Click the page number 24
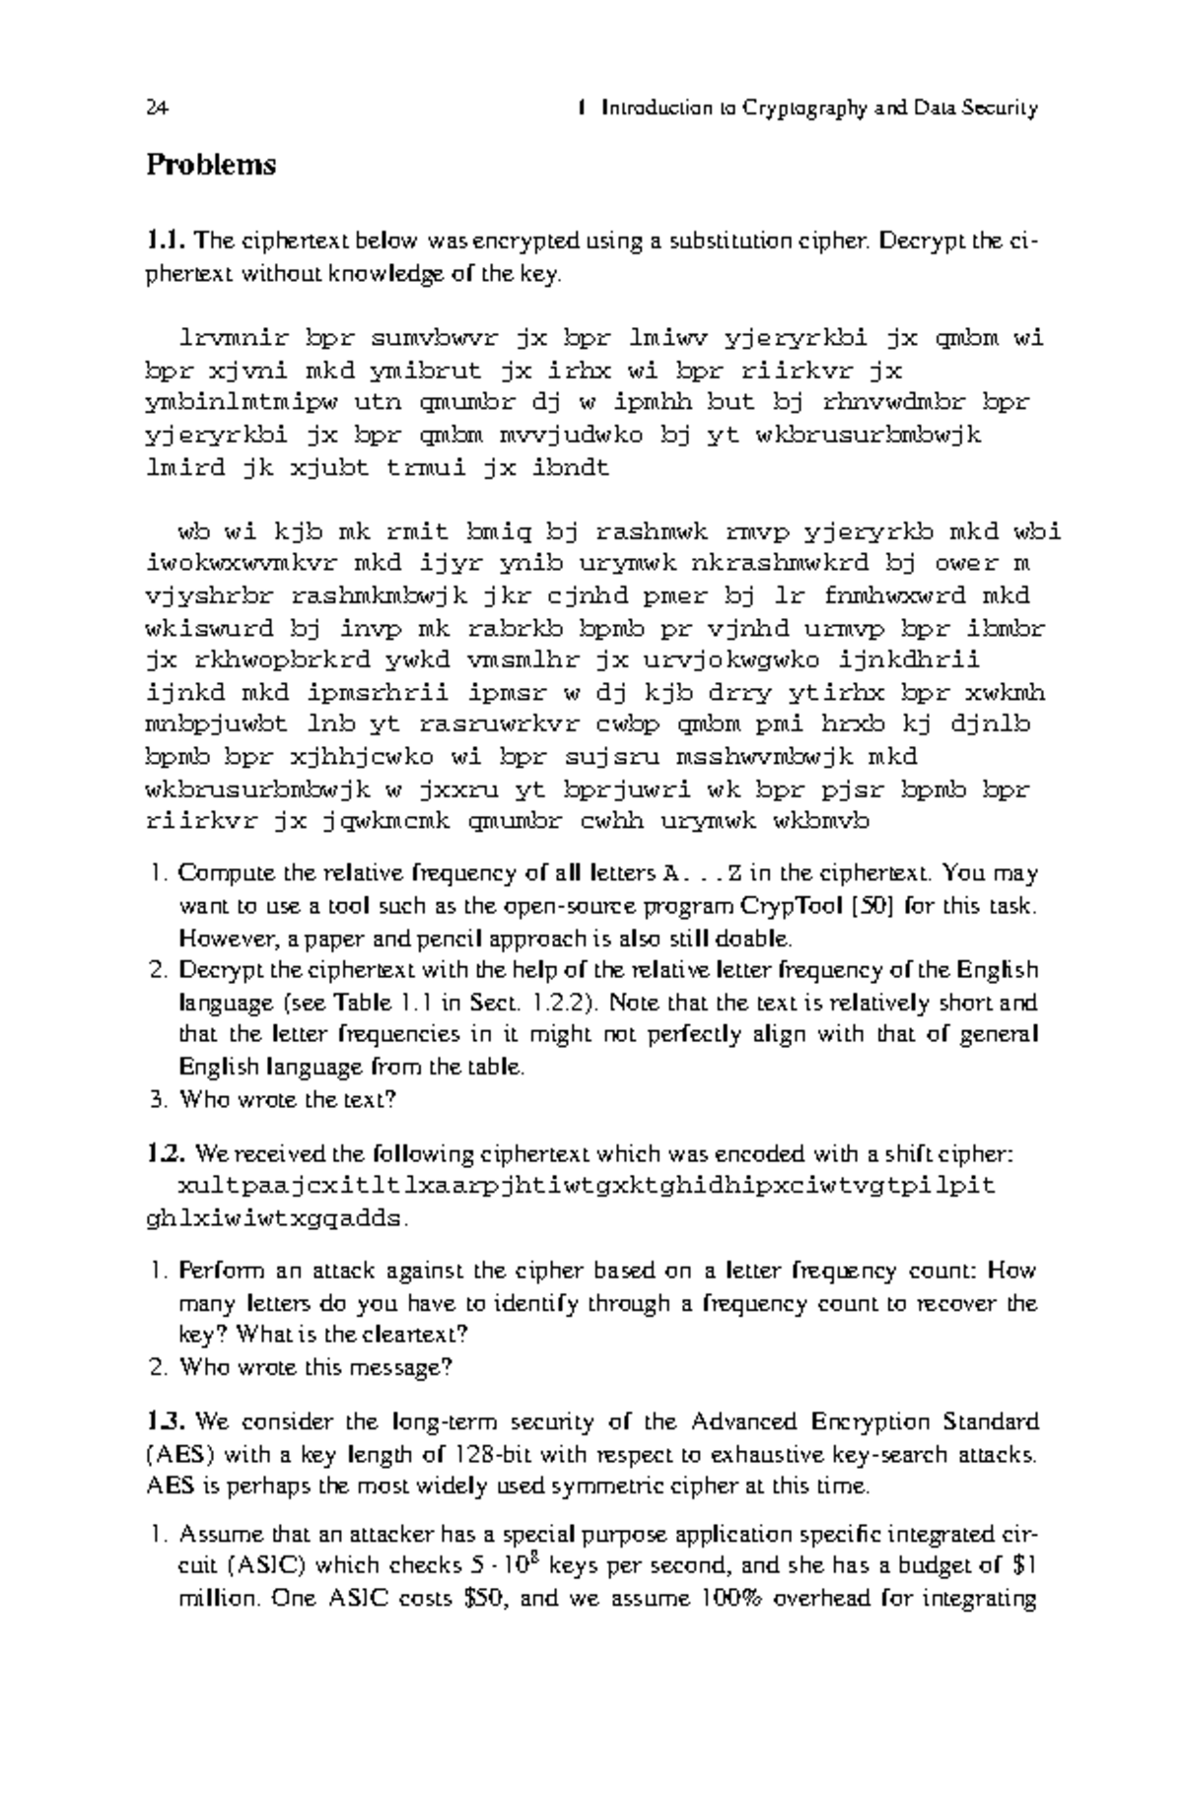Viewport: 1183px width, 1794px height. [x=156, y=108]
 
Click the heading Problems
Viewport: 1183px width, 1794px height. [x=211, y=165]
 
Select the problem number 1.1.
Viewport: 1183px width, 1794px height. [x=166, y=241]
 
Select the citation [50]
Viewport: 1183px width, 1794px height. [x=874, y=906]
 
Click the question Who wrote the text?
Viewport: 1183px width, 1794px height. [x=287, y=1100]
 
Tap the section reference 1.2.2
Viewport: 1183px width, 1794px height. [x=560, y=1003]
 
